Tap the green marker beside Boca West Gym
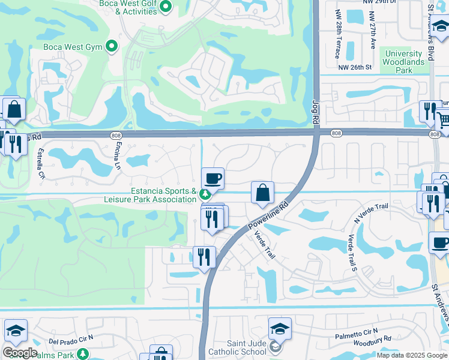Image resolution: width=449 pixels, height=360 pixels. pos(111,46)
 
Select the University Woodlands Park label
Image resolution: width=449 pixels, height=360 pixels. pos(404,62)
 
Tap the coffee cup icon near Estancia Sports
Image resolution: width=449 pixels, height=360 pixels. pos(212,178)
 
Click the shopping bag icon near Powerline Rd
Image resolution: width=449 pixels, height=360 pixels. pos(262,193)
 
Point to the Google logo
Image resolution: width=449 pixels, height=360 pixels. pos(20,353)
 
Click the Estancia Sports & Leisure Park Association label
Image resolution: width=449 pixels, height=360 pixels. pos(150,195)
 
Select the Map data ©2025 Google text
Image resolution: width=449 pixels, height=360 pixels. pos(412,355)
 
